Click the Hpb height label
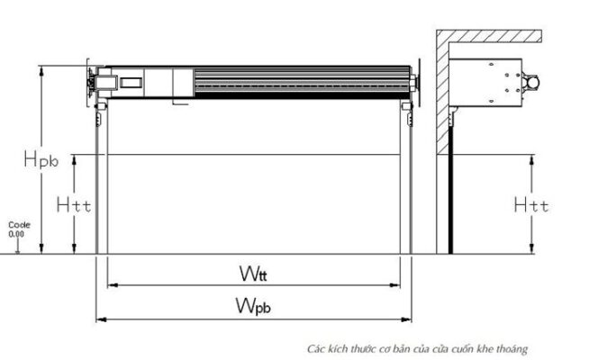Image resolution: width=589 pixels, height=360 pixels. tap(41, 160)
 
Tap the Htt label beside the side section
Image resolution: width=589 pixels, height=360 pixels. tap(531, 205)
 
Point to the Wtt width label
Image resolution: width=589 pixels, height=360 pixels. tap(253, 272)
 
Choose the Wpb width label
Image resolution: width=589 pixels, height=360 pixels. tap(254, 306)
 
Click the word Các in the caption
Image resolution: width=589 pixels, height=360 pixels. tap(314, 347)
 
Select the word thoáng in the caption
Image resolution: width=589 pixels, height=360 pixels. tap(512, 347)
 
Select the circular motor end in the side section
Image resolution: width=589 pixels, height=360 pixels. tap(534, 82)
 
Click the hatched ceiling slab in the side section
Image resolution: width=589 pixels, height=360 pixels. tap(491, 36)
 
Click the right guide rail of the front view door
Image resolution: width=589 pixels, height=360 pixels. tap(406, 180)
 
